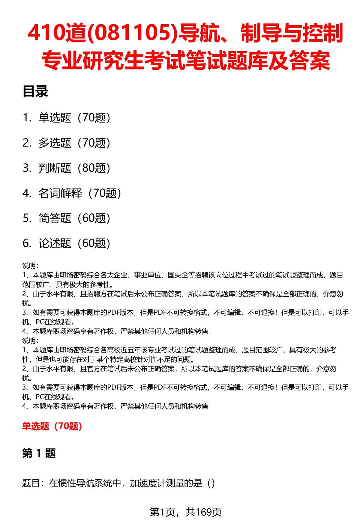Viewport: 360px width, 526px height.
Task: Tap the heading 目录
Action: (35, 92)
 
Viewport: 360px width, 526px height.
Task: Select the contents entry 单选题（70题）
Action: (74, 118)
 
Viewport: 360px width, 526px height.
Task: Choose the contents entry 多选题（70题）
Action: (74, 143)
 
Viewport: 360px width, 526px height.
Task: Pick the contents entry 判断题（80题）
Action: (74, 168)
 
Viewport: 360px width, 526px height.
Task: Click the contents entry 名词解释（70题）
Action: (80, 193)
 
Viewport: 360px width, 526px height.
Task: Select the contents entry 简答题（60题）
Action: (74, 218)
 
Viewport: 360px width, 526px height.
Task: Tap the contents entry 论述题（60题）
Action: (74, 243)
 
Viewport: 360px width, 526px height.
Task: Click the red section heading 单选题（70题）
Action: (52, 426)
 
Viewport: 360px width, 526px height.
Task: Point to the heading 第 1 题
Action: (39, 453)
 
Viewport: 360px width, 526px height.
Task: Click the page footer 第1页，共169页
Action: (186, 512)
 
